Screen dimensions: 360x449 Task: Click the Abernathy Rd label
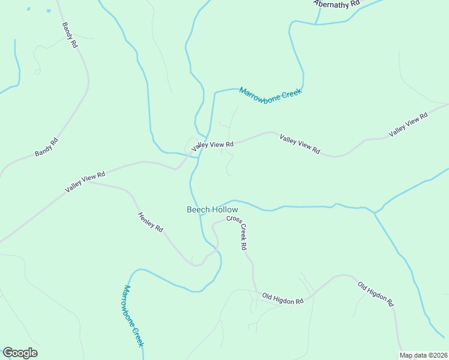pos(337,4)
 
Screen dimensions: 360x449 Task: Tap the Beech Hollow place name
pos(212,209)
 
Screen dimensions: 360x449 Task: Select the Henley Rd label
pos(151,223)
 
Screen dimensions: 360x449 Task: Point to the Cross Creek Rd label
pos(237,233)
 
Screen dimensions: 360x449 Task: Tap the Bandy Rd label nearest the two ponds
pos(70,35)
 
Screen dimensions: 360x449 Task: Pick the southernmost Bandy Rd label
pos(46,147)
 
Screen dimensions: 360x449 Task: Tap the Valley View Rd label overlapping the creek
pos(212,145)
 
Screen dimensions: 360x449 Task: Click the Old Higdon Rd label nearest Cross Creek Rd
pos(283,298)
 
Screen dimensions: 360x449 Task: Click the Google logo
pos(20,353)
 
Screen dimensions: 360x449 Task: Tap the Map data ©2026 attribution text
pos(423,355)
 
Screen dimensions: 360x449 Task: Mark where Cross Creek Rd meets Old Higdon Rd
pos(257,294)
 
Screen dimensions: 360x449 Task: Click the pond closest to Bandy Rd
pos(47,10)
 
